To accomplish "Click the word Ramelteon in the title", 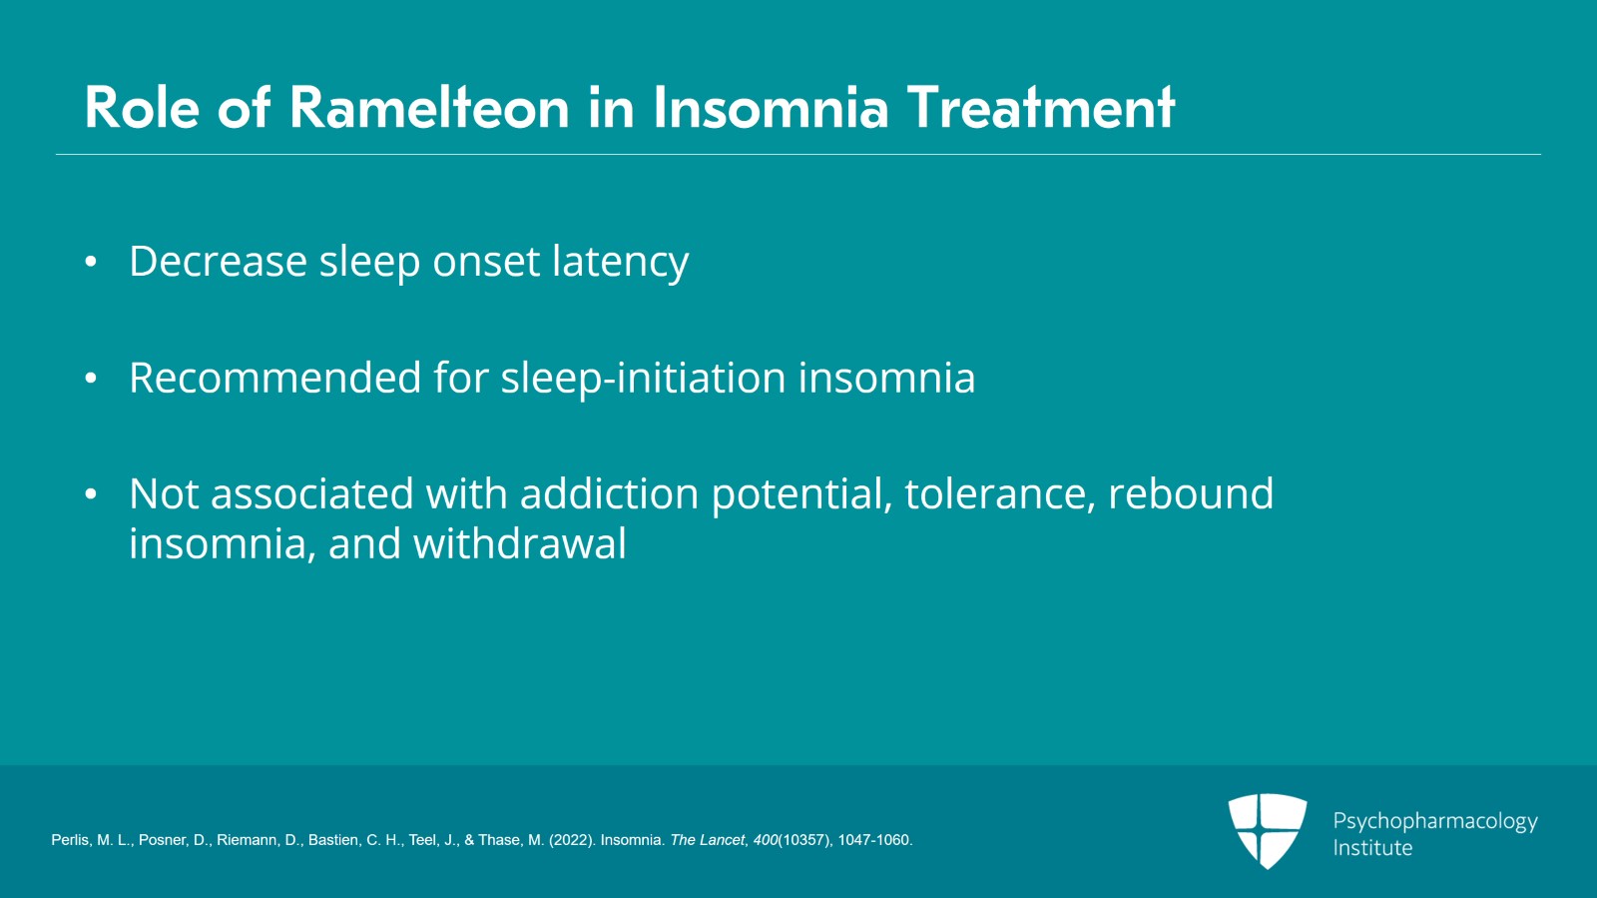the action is pos(429,108).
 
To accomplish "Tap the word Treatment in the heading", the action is pos(1041,108).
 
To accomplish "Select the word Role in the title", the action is pos(141,108).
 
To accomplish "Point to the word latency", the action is pos(620,264).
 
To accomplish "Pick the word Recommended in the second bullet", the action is pos(274,377).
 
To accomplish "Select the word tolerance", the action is pos(999,494).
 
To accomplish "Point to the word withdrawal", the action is pos(520,543).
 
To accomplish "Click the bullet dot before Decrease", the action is pos(91,262).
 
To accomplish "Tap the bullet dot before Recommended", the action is pos(91,378).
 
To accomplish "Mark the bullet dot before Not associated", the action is pos(91,494).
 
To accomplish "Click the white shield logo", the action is pos(1268,831).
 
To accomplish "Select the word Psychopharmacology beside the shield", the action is pos(1435,822).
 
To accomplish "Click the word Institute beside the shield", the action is pos(1372,848).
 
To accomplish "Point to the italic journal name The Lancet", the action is pos(708,840).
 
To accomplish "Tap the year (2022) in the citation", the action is pos(572,840).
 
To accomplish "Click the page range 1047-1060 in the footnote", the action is pos(873,840).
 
